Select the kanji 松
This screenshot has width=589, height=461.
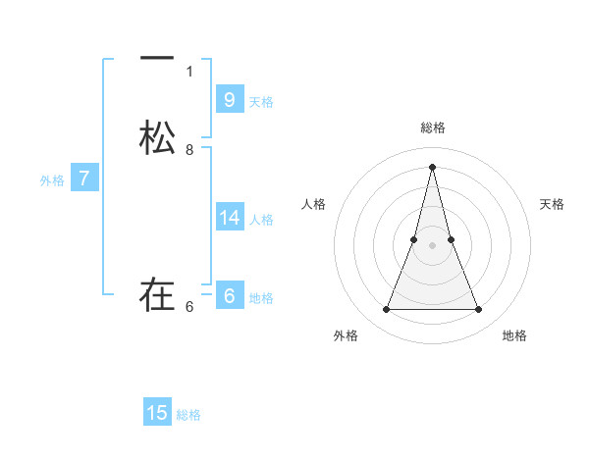point(157,138)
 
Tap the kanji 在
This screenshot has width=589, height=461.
point(157,293)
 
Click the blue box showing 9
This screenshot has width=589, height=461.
point(229,99)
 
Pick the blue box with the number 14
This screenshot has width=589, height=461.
point(230,218)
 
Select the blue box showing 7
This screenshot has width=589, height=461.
point(84,179)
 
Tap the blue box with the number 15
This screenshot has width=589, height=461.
point(157,413)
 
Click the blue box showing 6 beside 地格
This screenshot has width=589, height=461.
point(229,294)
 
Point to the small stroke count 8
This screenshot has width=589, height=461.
point(189,150)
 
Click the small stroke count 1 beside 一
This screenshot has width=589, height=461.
point(189,72)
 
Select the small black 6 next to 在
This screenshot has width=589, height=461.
point(189,306)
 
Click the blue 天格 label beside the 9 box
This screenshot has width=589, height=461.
point(261,102)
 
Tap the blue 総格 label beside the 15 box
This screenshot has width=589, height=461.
point(188,416)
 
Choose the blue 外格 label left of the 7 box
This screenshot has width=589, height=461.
point(52,181)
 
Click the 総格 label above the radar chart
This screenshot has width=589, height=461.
point(432,128)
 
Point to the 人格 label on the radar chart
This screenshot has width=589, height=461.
point(314,204)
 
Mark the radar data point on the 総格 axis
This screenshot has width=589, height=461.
point(432,166)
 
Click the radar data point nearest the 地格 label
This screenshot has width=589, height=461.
point(478,310)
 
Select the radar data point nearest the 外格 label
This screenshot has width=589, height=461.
point(386,310)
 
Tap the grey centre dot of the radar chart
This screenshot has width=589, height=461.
point(432,245)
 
